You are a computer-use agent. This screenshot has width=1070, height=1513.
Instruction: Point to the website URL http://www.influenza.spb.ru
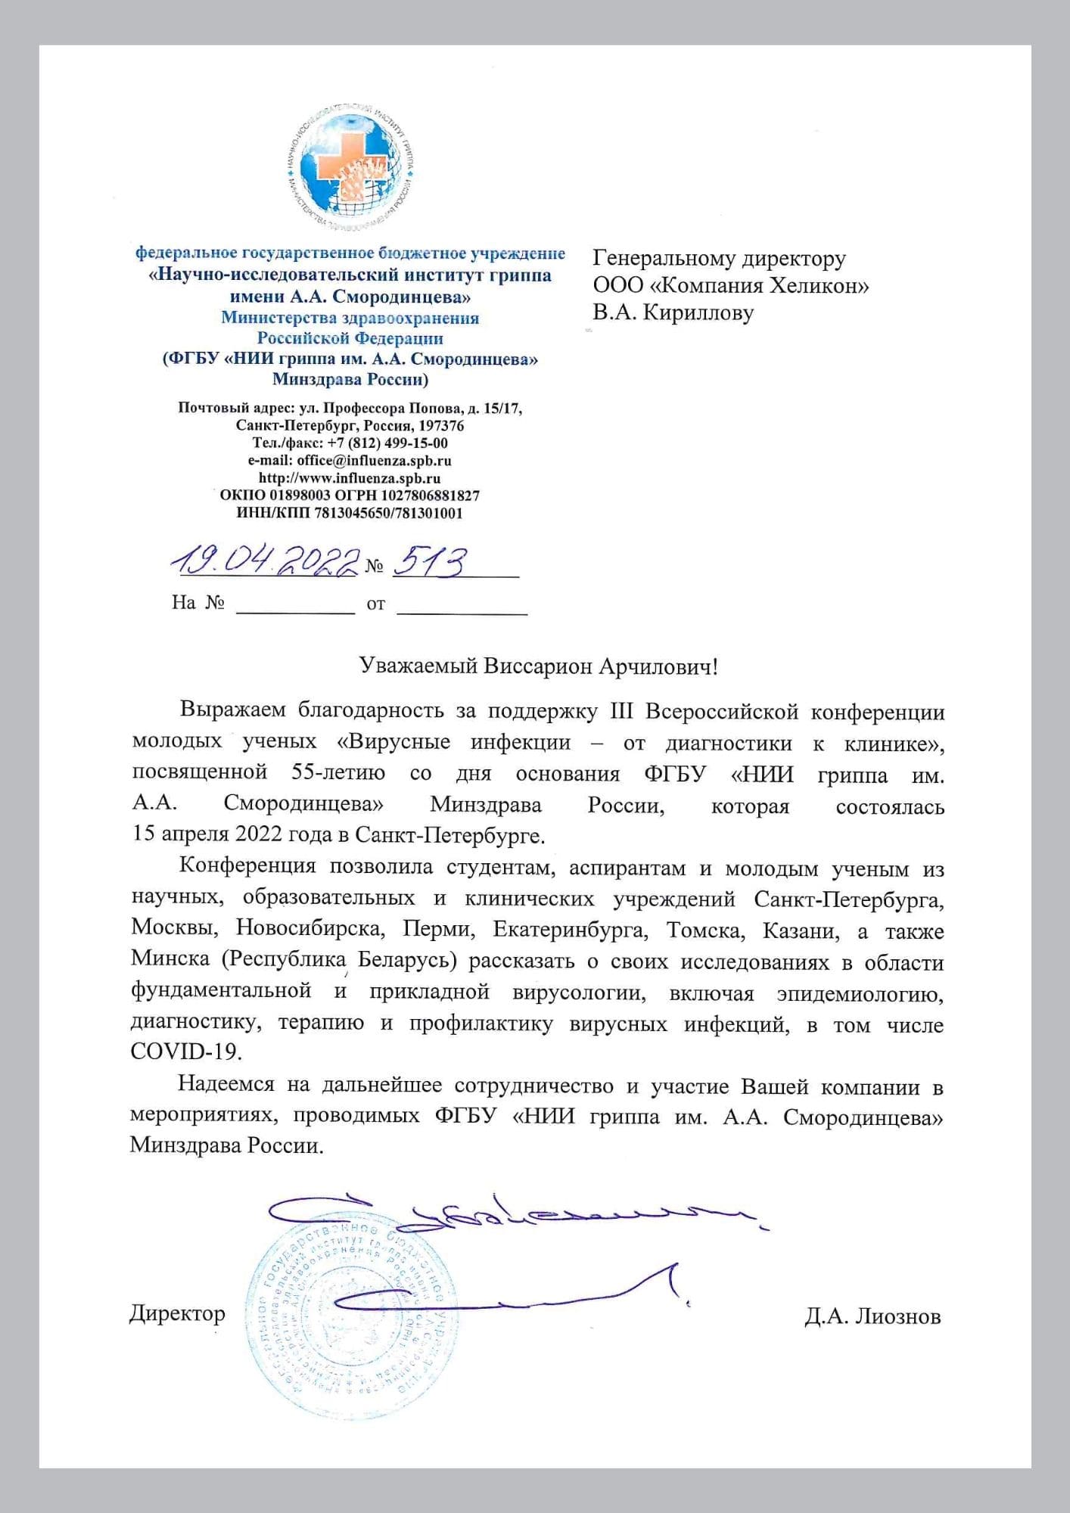[350, 478]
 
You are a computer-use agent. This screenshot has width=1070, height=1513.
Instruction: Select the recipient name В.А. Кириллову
[673, 312]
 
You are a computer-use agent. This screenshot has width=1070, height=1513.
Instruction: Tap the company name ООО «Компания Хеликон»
[730, 285]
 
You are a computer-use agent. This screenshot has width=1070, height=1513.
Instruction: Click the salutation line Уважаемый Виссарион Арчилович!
[537, 666]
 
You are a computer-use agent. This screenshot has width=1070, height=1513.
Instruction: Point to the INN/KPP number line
[350, 513]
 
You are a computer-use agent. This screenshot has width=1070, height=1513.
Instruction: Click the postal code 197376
[440, 425]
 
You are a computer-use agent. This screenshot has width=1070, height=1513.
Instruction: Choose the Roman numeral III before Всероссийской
[625, 712]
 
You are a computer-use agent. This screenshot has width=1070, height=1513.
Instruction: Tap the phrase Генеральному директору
[719, 259]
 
